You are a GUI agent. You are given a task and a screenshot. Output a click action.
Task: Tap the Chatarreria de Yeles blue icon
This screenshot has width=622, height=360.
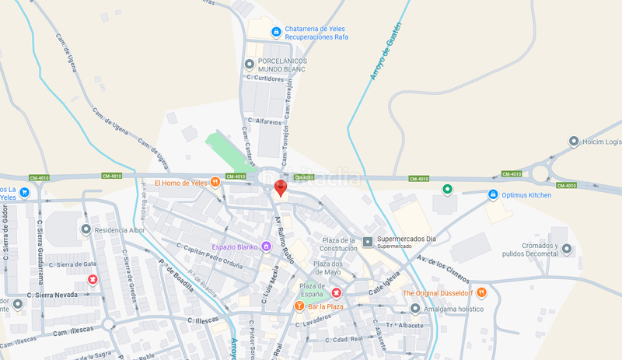tap(275, 32)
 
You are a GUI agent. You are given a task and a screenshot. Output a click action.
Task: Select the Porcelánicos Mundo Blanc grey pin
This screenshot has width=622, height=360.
tap(250, 64)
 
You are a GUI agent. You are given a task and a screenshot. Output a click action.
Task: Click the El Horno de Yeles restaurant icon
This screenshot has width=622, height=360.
tap(215, 183)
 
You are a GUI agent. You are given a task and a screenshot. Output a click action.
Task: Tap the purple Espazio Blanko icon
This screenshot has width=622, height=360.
tap(266, 246)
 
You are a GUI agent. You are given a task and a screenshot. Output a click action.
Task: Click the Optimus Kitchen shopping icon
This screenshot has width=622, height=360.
tap(492, 194)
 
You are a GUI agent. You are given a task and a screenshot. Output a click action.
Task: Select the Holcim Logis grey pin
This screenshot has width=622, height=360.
tap(574, 142)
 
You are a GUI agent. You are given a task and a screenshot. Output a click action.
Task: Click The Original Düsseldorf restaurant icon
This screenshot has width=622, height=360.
tap(482, 292)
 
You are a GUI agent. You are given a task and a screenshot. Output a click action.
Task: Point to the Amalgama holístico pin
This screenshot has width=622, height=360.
tap(416, 309)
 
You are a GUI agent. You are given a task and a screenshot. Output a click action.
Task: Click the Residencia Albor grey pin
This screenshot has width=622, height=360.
tap(86, 230)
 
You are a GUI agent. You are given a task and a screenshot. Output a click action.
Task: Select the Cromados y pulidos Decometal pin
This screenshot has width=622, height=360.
tap(567, 249)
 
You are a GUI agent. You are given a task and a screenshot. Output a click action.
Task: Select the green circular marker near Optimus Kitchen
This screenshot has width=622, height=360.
tap(447, 189)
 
